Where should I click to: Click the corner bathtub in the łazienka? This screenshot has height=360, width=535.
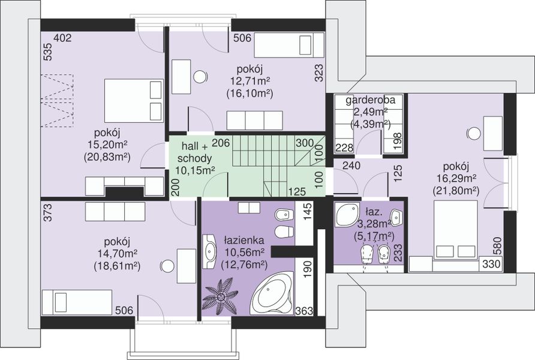coord(272,293)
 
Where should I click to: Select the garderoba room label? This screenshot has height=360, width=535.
coord(370,100)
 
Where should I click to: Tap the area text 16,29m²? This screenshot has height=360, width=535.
coord(456,178)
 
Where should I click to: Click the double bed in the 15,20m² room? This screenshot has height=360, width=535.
coord(133,100)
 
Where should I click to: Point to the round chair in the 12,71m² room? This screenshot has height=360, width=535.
coord(200,77)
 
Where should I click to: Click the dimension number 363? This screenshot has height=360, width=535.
coord(304,311)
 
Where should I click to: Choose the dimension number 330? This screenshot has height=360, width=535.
coord(491,264)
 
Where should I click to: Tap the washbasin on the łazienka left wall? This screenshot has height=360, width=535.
coord(210,251)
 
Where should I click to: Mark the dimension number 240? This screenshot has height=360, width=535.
coord(351,166)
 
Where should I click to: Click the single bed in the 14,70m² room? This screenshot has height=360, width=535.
coord(77,302)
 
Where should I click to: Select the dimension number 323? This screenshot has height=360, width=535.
coord(318,73)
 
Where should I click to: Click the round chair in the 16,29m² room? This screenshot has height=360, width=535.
coord(473,133)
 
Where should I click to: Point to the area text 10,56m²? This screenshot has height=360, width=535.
coord(244,253)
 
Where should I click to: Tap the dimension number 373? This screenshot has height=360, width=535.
coord(48,212)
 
